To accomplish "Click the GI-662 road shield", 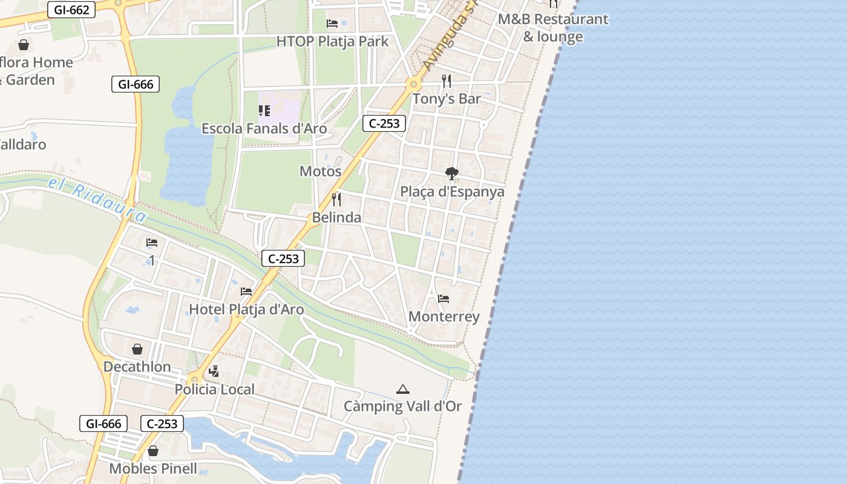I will (71, 10).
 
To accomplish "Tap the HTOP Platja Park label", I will (332, 42).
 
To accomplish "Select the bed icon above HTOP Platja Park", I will (332, 24).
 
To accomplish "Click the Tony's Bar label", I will (446, 99).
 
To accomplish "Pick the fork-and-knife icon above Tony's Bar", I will (446, 81).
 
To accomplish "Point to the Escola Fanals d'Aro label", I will (264, 128).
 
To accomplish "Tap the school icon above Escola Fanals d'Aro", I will (264, 111).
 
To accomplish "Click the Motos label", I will (321, 171).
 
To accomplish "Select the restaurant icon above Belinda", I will (336, 199).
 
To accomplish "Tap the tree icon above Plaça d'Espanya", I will (451, 174).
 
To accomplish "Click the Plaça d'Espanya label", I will (452, 192).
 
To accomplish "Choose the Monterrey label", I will (444, 316).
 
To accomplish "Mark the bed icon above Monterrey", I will (443, 299).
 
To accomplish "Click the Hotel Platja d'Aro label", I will (246, 309).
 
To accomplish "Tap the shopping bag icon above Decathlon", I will (137, 349).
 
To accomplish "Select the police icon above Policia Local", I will (214, 371).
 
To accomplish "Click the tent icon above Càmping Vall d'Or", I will (402, 389).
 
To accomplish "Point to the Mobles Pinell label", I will (153, 468).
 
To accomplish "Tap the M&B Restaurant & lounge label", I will (553, 28).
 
